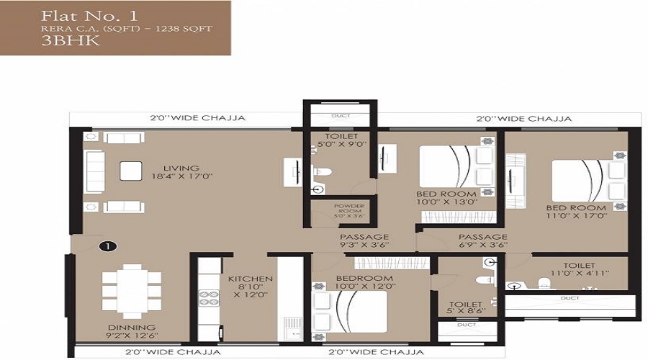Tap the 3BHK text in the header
(x=70, y=41)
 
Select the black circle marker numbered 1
(x=107, y=246)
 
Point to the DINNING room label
(x=132, y=328)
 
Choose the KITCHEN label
(x=250, y=279)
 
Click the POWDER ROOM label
(x=348, y=210)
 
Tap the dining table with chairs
(x=132, y=291)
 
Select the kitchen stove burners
(x=209, y=297)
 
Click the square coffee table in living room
(x=131, y=171)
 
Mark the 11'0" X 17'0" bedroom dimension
(x=576, y=215)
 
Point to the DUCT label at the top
(x=341, y=116)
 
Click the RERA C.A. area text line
(x=127, y=29)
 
